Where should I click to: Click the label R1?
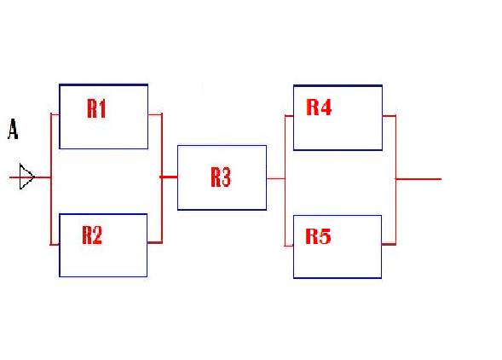(x=96, y=108)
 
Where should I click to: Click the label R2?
(x=92, y=235)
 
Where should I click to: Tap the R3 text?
(x=221, y=177)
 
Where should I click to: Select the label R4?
(x=319, y=107)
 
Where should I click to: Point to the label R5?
(x=318, y=236)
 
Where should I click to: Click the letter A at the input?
(x=13, y=130)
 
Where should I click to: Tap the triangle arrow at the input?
(x=26, y=178)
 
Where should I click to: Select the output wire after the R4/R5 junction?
(x=418, y=179)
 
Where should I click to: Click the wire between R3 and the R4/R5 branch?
(x=275, y=178)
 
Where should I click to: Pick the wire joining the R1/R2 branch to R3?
(x=169, y=177)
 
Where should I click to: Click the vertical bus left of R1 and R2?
(x=51, y=178)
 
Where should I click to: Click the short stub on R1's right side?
(x=154, y=114)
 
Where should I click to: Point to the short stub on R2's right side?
(x=154, y=243)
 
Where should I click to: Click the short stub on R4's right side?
(x=388, y=115)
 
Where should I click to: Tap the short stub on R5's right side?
(x=388, y=244)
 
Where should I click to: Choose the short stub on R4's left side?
(x=289, y=114)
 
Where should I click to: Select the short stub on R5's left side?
(x=289, y=244)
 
